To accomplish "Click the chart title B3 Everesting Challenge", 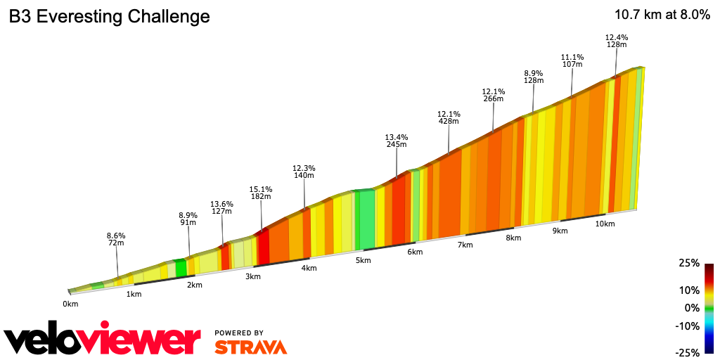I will tap(109, 17).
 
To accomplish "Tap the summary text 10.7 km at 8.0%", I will tap(662, 15).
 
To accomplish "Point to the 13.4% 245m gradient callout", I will tap(397, 141).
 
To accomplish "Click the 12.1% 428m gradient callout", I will tap(449, 117).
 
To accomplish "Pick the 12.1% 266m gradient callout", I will tap(494, 95).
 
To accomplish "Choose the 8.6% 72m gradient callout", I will tap(116, 239).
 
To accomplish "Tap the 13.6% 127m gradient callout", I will tap(221, 207).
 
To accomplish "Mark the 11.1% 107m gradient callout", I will tap(572, 60).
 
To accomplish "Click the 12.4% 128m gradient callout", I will tap(617, 41).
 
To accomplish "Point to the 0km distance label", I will tap(70, 304).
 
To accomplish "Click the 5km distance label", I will tap(363, 260).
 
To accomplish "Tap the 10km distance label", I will tap(605, 224).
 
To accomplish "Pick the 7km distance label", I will tap(465, 245).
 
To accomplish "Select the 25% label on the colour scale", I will tap(690, 263).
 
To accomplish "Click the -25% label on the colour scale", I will tap(688, 352).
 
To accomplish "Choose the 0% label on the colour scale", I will tap(693, 308).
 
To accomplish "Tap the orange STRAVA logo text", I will tap(250, 347).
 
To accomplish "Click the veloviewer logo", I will tap(103, 341).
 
